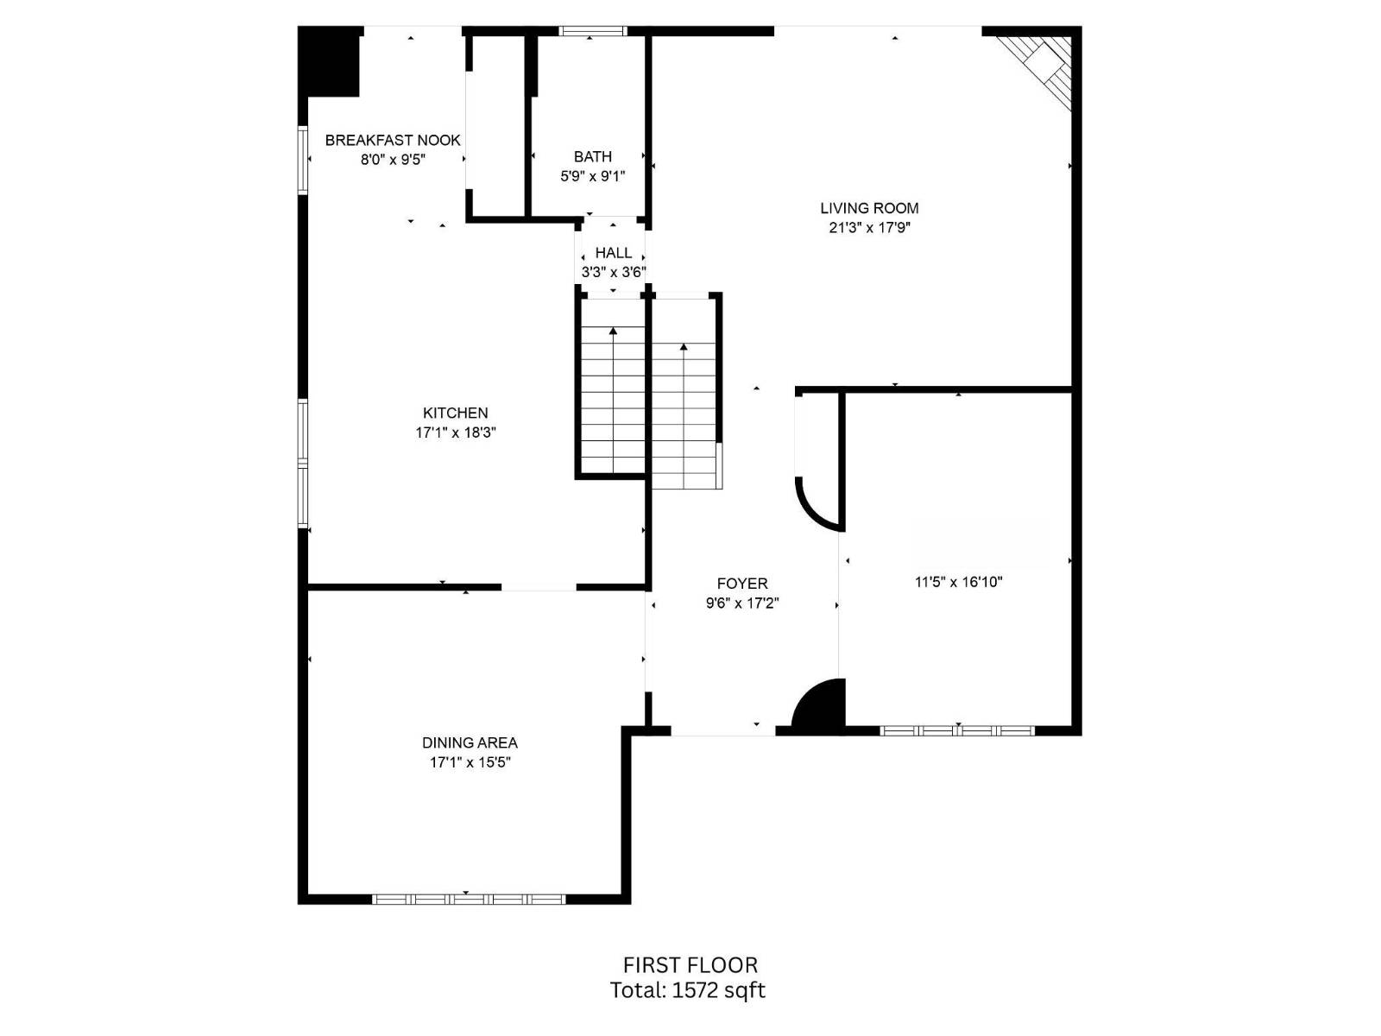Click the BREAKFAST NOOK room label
click(393, 140)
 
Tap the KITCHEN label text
click(455, 413)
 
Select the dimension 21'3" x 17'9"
click(869, 228)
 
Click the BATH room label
click(592, 156)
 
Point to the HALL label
click(613, 253)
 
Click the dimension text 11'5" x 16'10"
click(958, 582)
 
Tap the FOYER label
click(741, 584)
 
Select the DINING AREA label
click(470, 742)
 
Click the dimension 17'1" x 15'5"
click(470, 762)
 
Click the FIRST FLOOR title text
click(690, 965)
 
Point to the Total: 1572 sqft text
click(687, 990)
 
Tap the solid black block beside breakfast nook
click(329, 62)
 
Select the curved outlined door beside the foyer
click(816, 501)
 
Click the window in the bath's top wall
click(592, 31)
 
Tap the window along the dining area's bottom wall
click(469, 899)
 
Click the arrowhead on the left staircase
click(613, 331)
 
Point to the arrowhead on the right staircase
click(684, 347)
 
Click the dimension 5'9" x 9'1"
click(592, 176)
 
